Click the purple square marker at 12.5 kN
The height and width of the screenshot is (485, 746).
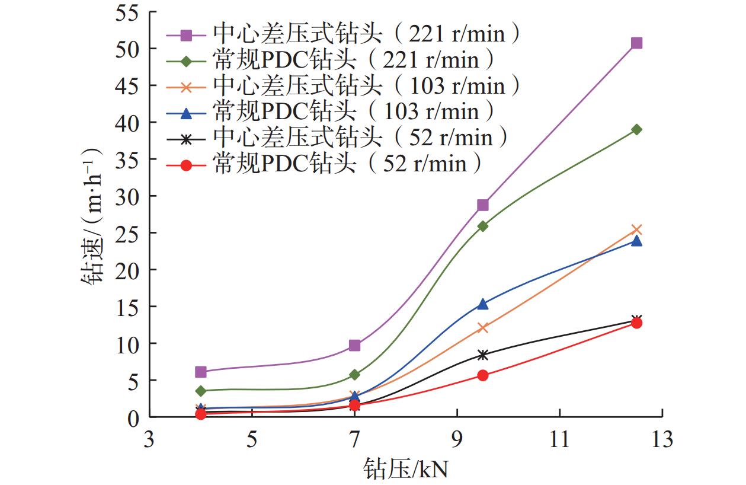(x=636, y=43)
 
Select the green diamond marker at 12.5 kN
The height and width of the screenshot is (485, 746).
(x=636, y=129)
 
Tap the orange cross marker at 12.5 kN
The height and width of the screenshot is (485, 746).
(x=636, y=229)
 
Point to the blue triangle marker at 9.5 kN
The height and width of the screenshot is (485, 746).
(x=483, y=304)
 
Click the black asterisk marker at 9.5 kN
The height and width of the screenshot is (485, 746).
(x=483, y=355)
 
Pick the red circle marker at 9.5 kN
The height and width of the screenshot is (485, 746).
(x=483, y=375)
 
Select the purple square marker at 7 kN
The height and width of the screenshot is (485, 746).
(x=354, y=345)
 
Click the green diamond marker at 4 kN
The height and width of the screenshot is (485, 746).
(x=200, y=391)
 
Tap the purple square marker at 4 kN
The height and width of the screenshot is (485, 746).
(x=200, y=372)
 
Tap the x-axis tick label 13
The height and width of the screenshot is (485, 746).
(x=662, y=439)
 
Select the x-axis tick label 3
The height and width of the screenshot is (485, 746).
(x=149, y=439)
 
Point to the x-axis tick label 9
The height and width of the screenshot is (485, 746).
(x=457, y=439)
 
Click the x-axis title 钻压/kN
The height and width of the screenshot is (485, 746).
(x=406, y=469)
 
